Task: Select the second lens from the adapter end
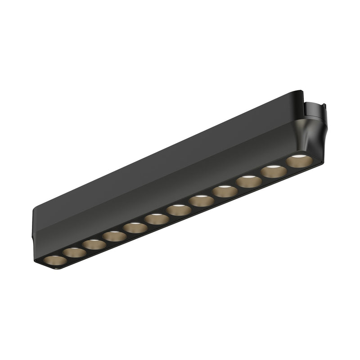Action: click(274, 171)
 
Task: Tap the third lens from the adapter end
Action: click(249, 182)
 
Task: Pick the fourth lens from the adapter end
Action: click(225, 192)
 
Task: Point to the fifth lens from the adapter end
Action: click(201, 201)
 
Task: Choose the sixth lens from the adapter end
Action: click(179, 210)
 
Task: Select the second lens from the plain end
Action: click(74, 252)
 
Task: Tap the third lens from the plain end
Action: click(94, 245)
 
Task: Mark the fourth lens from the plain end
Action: click(114, 236)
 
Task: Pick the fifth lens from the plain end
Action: click(135, 228)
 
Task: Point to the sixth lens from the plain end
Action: click(157, 219)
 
